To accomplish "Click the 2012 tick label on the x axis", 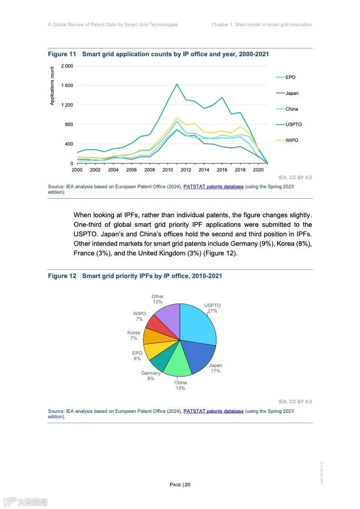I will click(x=186, y=170).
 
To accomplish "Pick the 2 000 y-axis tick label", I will click(x=67, y=66).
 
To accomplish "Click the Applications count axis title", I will click(x=52, y=86).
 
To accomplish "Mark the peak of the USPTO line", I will click(x=177, y=84).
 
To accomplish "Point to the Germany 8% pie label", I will click(x=151, y=376).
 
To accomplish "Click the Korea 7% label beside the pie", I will click(x=133, y=336).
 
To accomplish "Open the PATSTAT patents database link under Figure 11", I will click(x=213, y=186).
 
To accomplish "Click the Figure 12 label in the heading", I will click(x=62, y=276).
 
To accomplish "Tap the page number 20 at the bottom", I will click(x=187, y=485).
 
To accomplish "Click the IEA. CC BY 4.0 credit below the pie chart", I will click(x=295, y=401).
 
